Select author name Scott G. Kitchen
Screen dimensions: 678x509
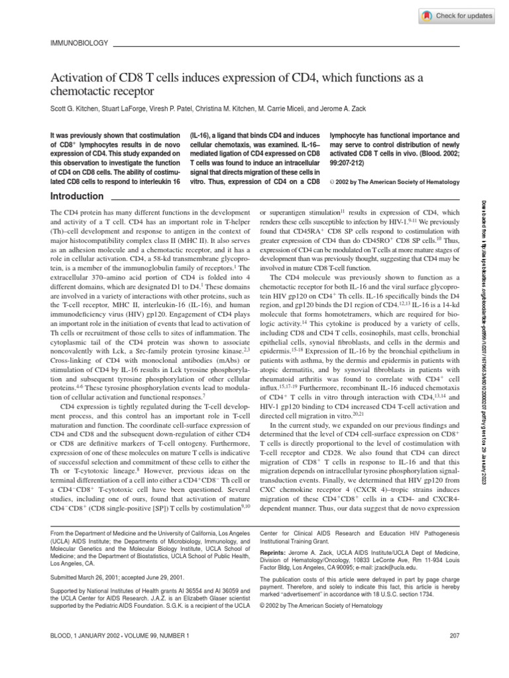[72, 108]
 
